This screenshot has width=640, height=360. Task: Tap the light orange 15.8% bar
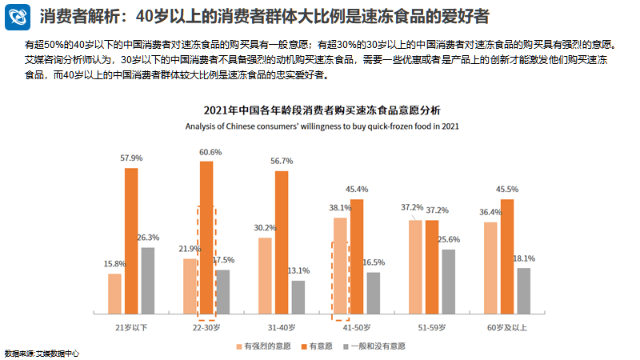click(114, 294)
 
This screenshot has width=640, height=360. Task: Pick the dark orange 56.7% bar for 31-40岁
click(282, 242)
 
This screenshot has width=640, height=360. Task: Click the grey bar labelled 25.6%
click(449, 282)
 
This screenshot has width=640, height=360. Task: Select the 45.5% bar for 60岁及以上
click(507, 256)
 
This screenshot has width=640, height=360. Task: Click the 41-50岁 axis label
click(357, 328)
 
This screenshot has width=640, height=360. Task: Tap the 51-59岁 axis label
click(432, 328)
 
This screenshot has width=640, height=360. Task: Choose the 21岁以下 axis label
click(131, 328)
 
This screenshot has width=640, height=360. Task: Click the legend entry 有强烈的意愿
click(265, 346)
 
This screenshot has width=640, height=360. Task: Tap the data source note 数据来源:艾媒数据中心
click(41, 354)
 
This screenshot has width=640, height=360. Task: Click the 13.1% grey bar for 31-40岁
click(298, 297)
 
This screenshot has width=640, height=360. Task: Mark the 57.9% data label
click(131, 158)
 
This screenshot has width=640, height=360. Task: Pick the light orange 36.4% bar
click(490, 268)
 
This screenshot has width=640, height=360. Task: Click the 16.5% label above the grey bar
click(374, 262)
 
